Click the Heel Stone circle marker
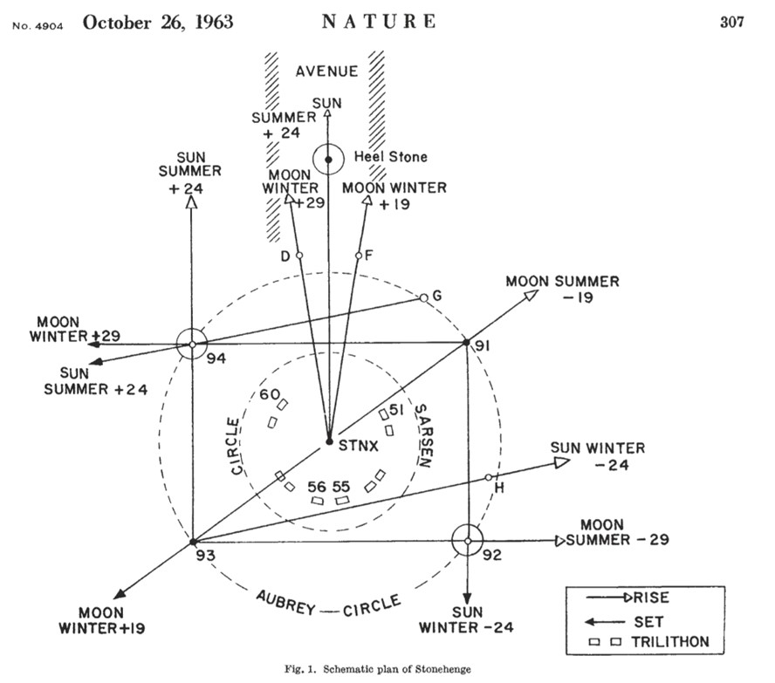[328, 160]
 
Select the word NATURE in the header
[380, 22]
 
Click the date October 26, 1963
[158, 22]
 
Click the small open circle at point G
[423, 298]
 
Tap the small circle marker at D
[299, 256]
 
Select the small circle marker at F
[359, 256]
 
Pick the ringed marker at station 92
[469, 541]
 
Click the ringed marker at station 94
[192, 345]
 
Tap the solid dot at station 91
[466, 342]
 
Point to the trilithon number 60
[270, 394]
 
